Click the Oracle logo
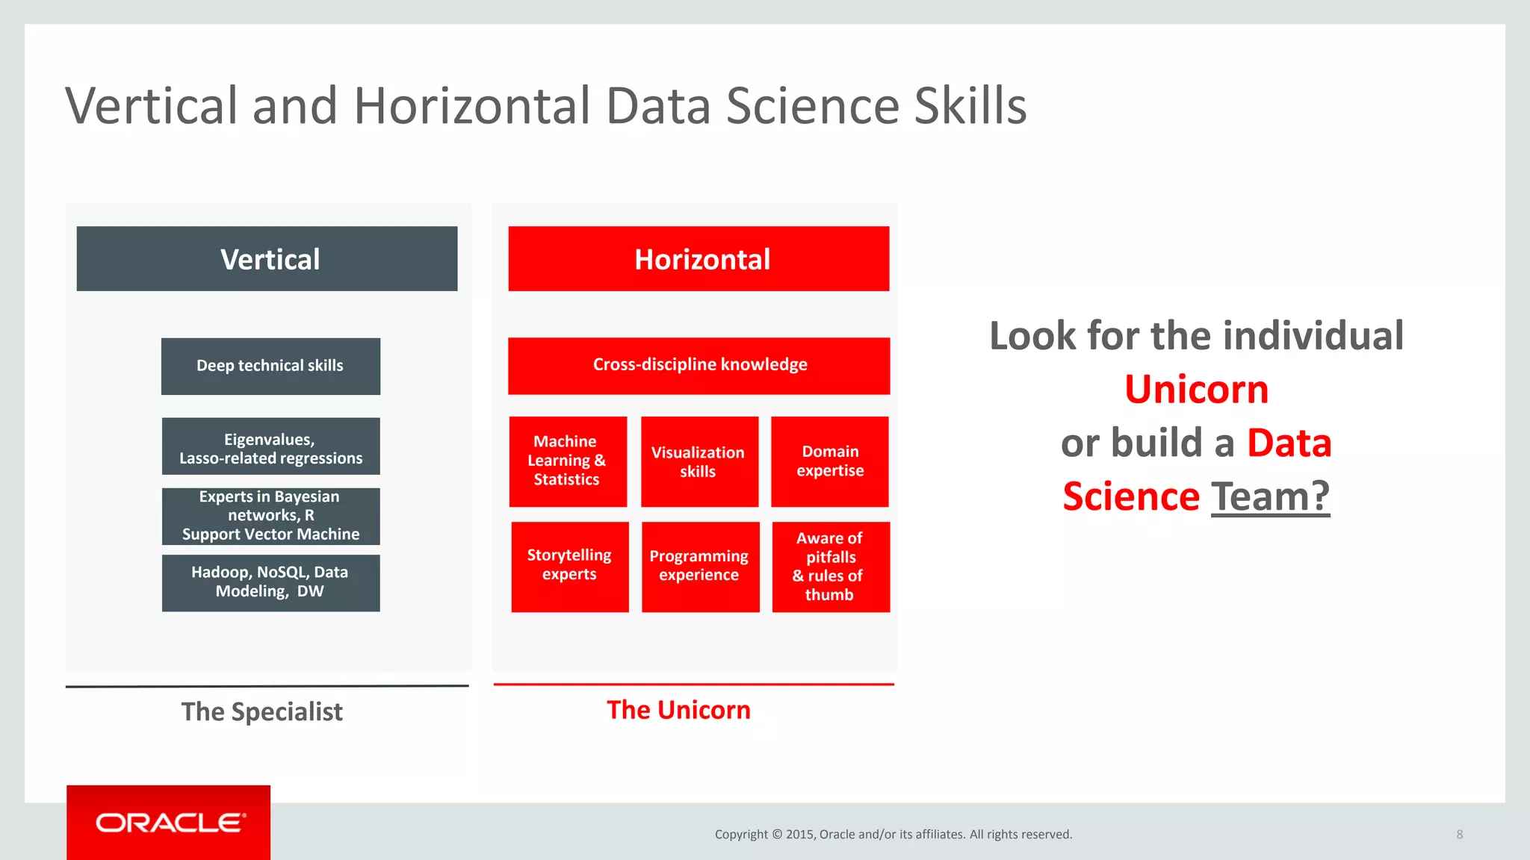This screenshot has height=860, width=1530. click(x=169, y=823)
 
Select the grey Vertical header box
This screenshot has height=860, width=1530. click(x=267, y=259)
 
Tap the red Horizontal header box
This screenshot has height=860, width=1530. click(x=699, y=259)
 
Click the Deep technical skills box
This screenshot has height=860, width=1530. click(x=270, y=366)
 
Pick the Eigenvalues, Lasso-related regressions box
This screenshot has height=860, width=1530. click(x=270, y=446)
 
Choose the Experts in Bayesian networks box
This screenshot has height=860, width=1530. click(x=270, y=516)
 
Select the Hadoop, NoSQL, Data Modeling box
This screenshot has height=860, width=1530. click(x=270, y=582)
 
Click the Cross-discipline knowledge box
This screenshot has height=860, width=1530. click(x=699, y=365)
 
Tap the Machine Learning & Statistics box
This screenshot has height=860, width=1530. click(x=568, y=461)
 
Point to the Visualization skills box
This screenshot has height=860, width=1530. click(x=699, y=461)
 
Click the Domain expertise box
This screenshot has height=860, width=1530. click(x=829, y=461)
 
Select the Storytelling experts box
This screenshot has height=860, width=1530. click(x=570, y=567)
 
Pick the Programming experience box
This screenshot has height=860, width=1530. click(x=700, y=567)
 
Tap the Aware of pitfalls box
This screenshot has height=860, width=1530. click(x=830, y=567)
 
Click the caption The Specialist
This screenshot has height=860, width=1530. click(x=261, y=711)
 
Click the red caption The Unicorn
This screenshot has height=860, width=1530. click(x=678, y=710)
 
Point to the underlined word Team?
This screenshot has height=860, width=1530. click(x=1270, y=496)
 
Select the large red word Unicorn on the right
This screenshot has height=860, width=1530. click(x=1196, y=390)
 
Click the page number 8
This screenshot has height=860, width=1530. click(x=1459, y=835)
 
